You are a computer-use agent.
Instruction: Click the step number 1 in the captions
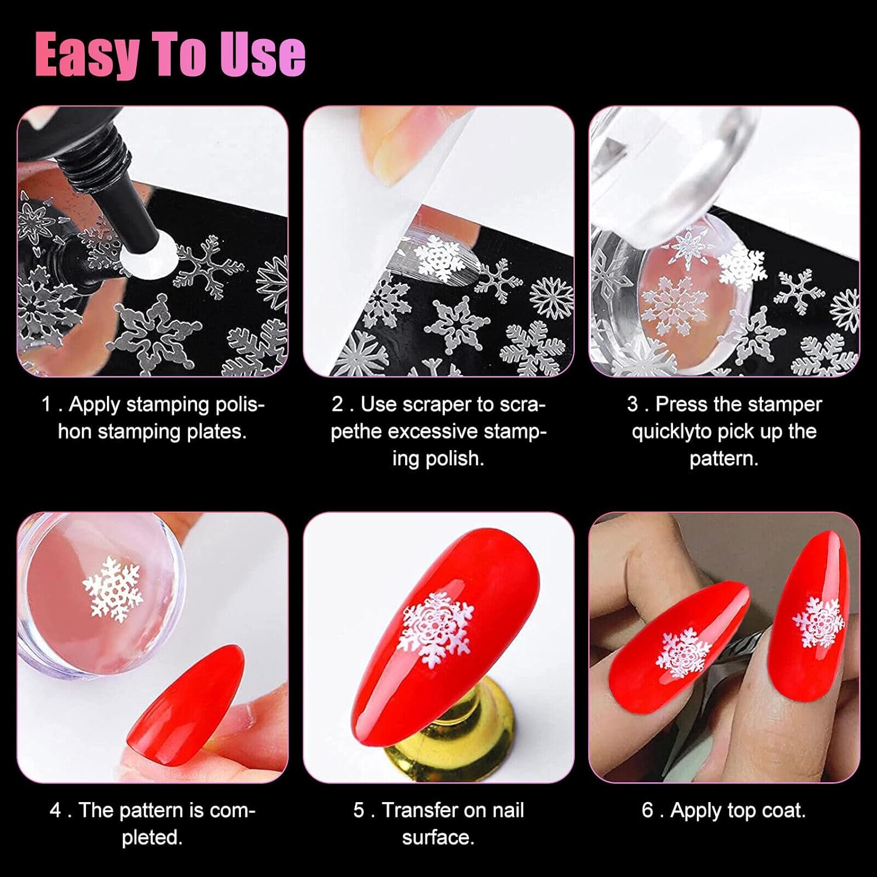(x=46, y=405)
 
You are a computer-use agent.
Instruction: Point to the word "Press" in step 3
(x=682, y=405)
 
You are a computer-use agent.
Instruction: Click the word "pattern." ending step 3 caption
(x=724, y=458)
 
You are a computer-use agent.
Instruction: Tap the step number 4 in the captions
(x=55, y=810)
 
